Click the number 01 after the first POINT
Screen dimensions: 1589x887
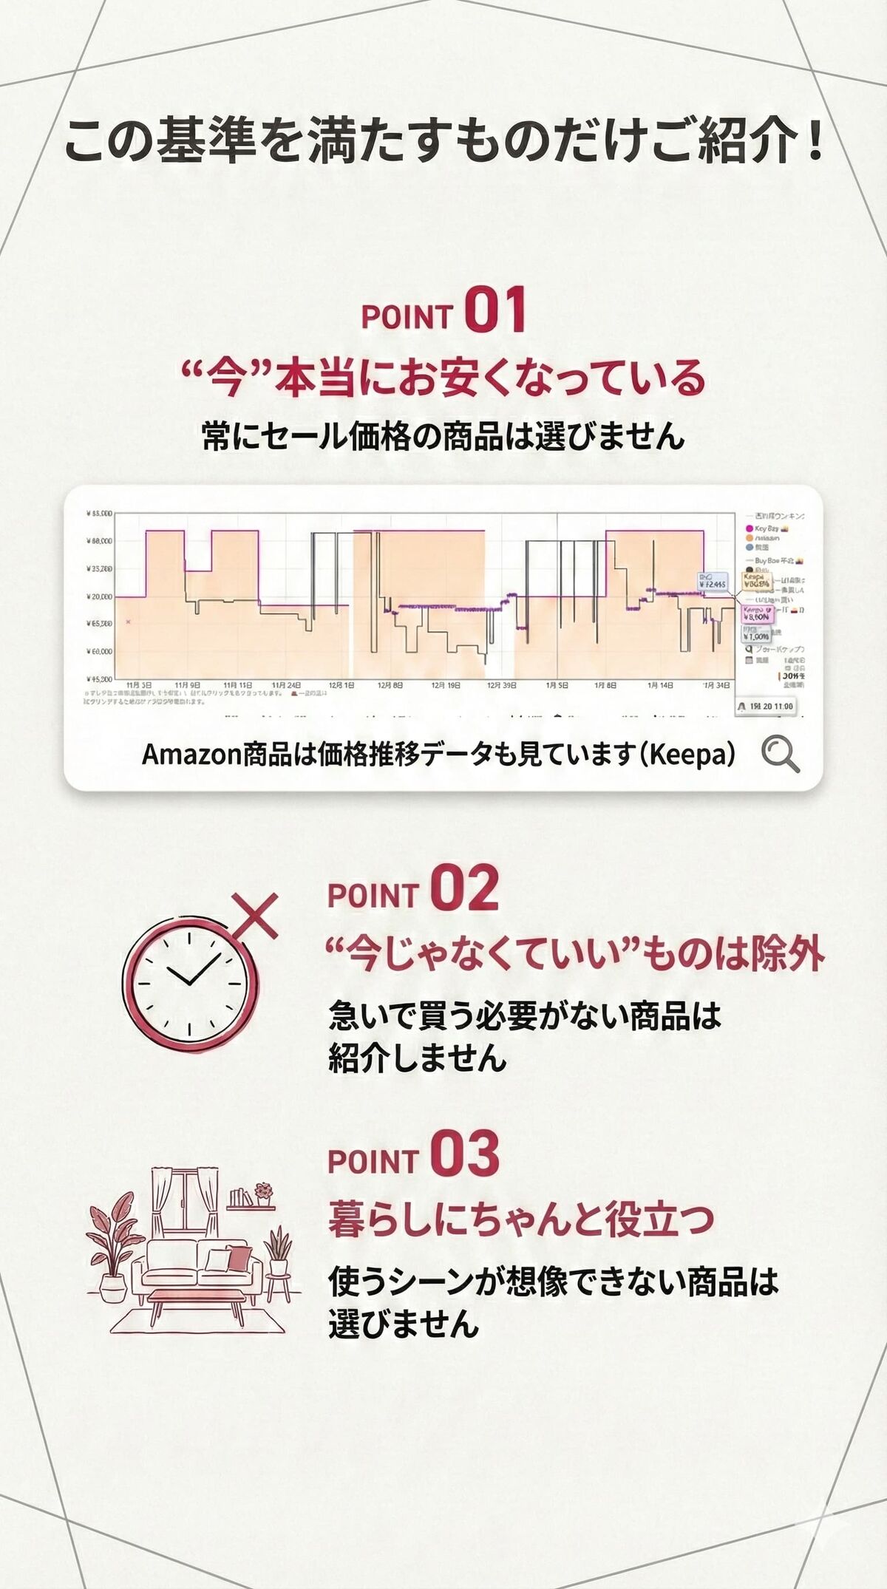point(495,311)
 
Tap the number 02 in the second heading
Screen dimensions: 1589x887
point(464,889)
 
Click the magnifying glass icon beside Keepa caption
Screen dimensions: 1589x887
point(780,755)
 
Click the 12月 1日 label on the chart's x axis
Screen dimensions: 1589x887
point(341,686)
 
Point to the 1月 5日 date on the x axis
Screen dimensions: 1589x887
point(557,686)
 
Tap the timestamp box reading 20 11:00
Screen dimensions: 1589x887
point(766,707)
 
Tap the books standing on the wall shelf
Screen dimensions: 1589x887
point(239,1197)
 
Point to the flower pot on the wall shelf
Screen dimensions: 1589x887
point(263,1194)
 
